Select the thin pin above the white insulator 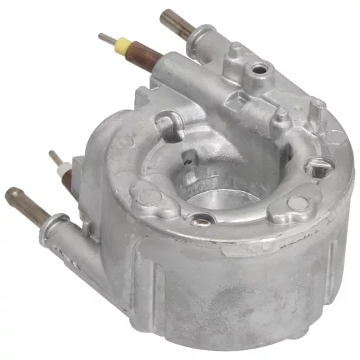coord(54,159)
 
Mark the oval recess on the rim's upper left coord(169,127)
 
